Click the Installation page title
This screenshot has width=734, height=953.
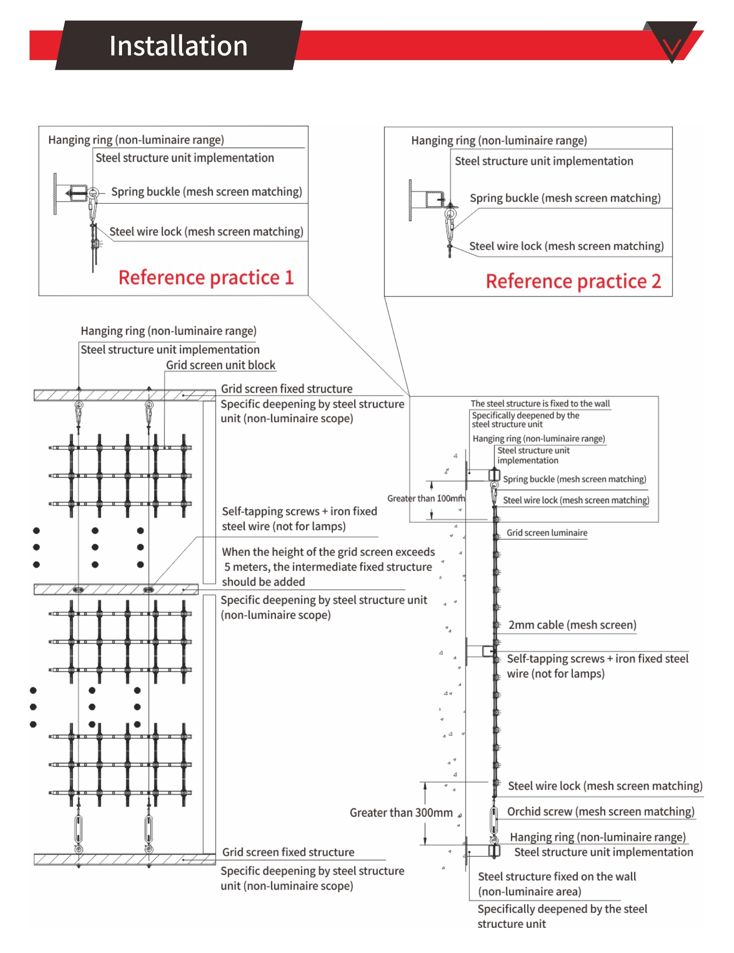tap(178, 46)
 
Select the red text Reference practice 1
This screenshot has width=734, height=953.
tap(206, 277)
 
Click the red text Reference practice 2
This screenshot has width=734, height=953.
tap(573, 281)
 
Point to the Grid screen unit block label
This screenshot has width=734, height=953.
tap(220, 365)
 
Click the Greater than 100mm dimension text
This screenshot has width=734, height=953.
tap(426, 498)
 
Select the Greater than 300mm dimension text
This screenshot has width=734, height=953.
tap(401, 812)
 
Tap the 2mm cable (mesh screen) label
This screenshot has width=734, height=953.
tap(572, 625)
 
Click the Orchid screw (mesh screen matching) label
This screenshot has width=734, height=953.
tap(600, 811)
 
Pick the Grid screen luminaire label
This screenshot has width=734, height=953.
tap(547, 533)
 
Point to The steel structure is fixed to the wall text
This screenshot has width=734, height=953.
tap(540, 404)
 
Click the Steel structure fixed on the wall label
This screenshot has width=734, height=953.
tap(557, 877)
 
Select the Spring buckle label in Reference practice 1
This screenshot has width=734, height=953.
tap(206, 192)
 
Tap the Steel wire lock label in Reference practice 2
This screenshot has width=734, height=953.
tap(566, 246)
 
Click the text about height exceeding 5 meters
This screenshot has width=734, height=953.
tap(328, 567)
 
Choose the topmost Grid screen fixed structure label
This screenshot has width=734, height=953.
tap(286, 389)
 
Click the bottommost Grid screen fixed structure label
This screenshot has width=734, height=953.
tap(288, 852)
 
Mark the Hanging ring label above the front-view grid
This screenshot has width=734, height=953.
tap(169, 331)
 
